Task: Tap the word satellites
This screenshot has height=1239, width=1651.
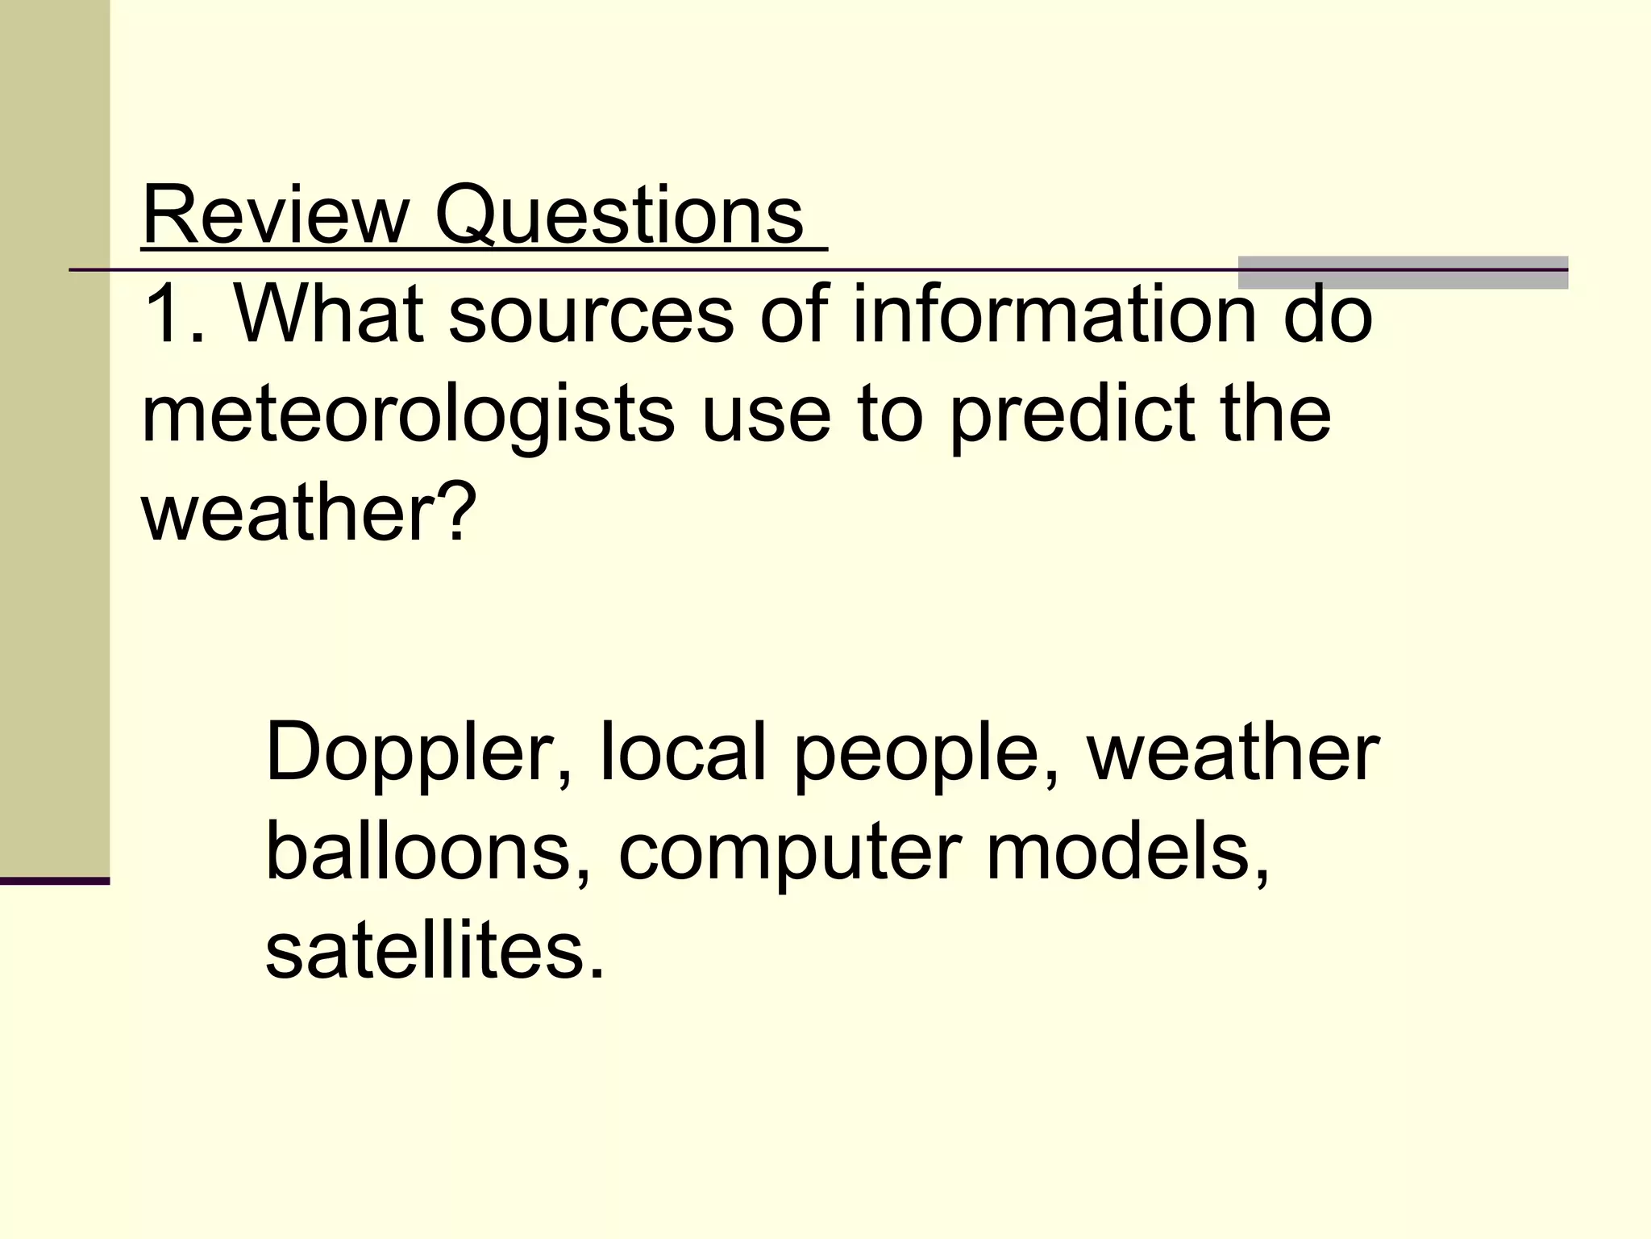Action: pyautogui.click(x=434, y=951)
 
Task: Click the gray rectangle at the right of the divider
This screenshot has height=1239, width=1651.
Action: pyautogui.click(x=1403, y=272)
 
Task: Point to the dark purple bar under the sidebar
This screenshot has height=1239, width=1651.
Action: pyautogui.click(x=54, y=881)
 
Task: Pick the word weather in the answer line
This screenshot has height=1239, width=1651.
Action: pyautogui.click(x=1233, y=753)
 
